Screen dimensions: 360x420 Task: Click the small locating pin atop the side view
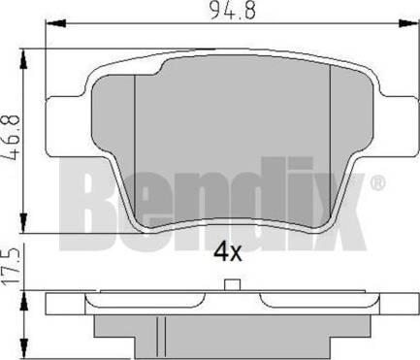click(231, 285)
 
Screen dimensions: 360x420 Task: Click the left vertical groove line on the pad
click(133, 146)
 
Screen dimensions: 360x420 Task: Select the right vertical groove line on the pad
click(333, 146)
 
